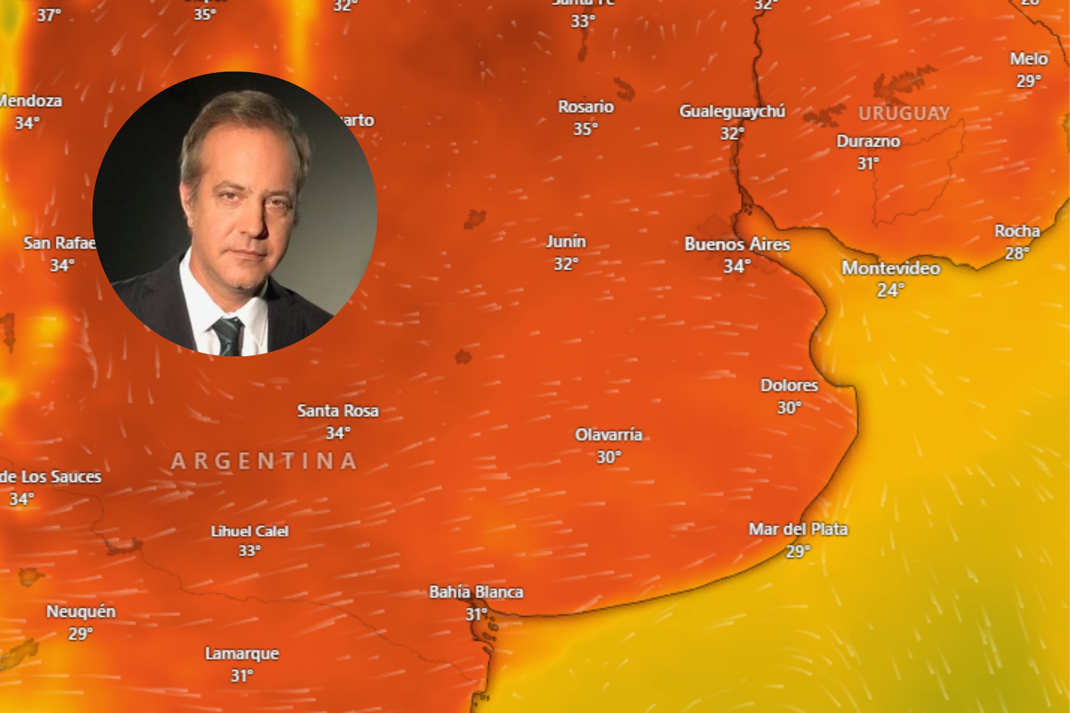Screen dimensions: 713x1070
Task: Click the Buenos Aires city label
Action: pos(737,244)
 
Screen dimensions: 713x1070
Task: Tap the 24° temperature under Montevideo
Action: pos(890,290)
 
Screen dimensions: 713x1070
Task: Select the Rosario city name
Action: pos(586,107)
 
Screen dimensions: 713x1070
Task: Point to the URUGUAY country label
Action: pos(904,113)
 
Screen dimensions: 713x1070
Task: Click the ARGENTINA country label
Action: pos(264,461)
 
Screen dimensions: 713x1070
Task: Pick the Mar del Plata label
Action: pos(798,529)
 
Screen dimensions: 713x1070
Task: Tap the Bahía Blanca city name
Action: pos(476,592)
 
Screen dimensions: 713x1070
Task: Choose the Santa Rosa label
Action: pos(338,411)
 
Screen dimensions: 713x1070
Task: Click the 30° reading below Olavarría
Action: pos(609,457)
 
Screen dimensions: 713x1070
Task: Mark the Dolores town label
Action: pos(789,385)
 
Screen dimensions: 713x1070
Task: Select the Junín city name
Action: pos(566,242)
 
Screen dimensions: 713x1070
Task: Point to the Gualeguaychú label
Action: pos(732,111)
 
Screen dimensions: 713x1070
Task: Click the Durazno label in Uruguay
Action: pos(868,141)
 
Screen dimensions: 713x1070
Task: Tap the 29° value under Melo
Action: pos(1028,81)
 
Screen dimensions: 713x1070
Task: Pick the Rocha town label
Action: pos(1017,231)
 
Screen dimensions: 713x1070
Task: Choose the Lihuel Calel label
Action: pos(249,531)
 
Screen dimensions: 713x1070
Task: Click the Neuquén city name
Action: pos(81,611)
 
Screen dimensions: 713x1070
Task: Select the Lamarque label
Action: pos(242,654)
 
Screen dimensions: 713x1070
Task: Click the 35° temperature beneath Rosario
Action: pos(585,129)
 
